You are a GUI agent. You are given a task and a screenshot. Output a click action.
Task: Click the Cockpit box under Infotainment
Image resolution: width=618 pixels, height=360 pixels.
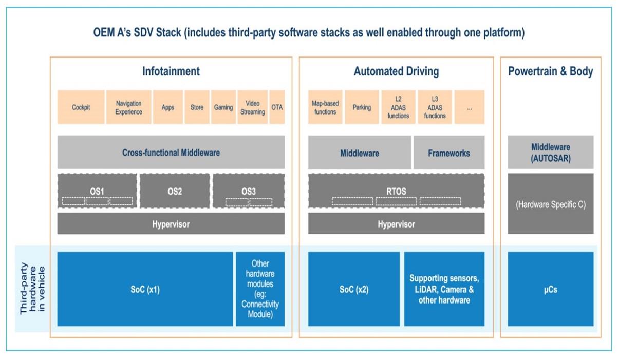81,107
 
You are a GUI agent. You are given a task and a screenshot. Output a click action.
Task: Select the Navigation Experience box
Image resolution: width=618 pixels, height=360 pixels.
128,107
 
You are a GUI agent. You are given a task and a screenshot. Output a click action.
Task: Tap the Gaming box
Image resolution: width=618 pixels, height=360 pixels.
223,107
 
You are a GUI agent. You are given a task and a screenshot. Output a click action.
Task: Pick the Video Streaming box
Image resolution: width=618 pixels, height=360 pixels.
252,107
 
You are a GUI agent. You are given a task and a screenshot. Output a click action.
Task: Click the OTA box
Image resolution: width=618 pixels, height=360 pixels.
277,107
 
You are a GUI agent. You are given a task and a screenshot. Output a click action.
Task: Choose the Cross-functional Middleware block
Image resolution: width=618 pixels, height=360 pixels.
171,153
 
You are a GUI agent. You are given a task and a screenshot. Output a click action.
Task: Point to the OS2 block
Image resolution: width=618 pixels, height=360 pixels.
175,192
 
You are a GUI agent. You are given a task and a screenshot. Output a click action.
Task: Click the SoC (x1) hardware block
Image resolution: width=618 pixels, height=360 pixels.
145,289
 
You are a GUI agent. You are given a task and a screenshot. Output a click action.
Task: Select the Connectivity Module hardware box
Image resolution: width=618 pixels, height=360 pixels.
260,289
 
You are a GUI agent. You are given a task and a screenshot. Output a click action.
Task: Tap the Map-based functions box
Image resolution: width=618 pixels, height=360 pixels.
325,107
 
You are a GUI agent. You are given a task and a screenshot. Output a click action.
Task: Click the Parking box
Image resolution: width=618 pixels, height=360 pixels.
362,107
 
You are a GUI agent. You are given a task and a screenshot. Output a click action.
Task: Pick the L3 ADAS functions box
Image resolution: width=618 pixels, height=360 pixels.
435,107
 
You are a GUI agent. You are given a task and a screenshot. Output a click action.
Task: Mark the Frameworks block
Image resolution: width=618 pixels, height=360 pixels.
449,153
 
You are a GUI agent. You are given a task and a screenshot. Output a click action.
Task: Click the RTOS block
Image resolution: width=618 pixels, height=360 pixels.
396,192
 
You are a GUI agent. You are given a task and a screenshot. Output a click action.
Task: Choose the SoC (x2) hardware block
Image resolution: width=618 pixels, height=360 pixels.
354,289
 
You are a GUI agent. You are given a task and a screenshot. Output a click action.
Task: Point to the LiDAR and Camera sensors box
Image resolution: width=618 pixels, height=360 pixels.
444,289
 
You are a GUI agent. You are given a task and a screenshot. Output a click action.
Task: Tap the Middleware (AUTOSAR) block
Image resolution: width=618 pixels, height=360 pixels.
551,153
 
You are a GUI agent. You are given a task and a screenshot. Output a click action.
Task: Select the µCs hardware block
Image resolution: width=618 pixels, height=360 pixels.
551,289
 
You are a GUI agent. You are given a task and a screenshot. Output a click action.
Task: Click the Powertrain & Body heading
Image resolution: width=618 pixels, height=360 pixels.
551,71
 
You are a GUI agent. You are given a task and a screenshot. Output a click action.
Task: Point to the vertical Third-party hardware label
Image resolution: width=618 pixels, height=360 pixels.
32,290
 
